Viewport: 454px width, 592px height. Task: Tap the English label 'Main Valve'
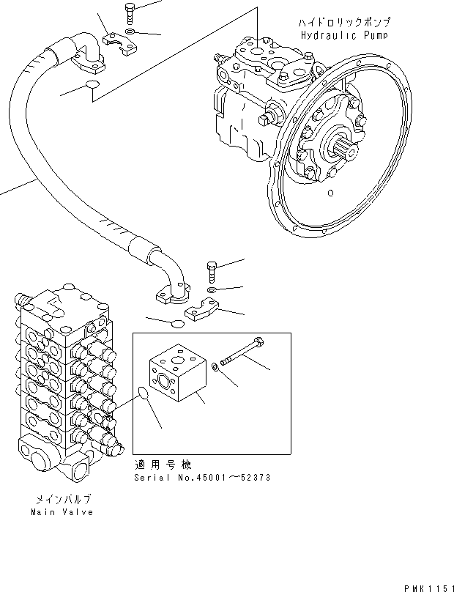click(62, 512)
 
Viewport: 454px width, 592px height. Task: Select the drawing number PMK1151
click(423, 584)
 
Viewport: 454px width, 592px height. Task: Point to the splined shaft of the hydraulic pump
click(346, 158)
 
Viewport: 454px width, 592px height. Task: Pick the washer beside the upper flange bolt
click(130, 32)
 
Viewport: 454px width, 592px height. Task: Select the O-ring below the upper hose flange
click(92, 86)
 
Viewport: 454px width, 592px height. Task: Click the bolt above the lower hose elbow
click(212, 272)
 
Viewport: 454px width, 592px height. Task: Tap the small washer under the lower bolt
click(211, 291)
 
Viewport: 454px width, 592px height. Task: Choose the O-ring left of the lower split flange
click(174, 323)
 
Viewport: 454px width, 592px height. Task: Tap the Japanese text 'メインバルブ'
click(62, 500)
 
